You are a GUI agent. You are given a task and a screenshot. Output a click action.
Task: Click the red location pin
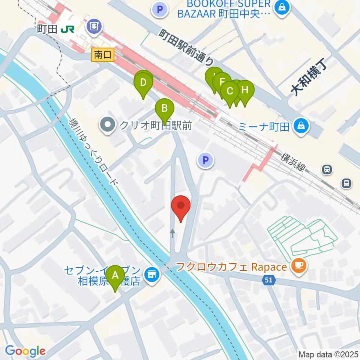click(x=181, y=207)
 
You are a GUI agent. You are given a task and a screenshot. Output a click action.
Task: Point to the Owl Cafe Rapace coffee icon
click(x=300, y=267)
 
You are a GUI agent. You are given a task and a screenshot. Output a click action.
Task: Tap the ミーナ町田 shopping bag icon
click(x=301, y=126)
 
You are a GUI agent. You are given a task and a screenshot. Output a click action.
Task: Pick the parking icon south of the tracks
click(x=205, y=161)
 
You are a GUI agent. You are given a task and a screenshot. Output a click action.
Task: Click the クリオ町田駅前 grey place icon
click(x=108, y=124)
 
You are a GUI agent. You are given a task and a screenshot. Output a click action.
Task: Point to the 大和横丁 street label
click(x=309, y=78)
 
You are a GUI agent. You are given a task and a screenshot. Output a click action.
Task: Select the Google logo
click(x=25, y=351)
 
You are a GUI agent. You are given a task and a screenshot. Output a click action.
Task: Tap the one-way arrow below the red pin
click(x=172, y=234)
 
